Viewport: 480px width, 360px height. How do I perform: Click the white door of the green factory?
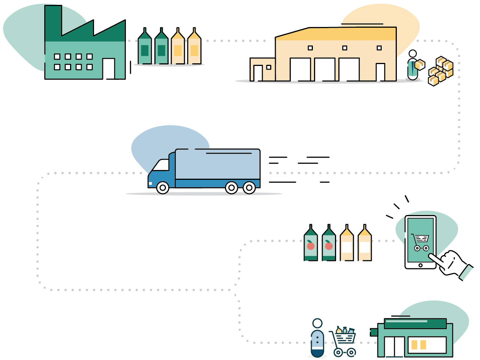point(109,69)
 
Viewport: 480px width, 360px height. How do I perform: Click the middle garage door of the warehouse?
point(324,69)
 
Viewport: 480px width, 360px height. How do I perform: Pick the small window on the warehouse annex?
point(269,67)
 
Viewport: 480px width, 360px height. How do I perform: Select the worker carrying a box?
point(413,66)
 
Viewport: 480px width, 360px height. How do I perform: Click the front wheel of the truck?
point(163,187)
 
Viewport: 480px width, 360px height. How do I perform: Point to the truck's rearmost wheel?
point(249,187)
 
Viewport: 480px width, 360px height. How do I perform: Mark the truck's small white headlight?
point(151,184)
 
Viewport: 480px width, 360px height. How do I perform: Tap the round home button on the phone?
point(420,265)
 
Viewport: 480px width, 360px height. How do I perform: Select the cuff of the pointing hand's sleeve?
point(466,272)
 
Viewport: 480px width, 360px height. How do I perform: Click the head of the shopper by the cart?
point(317,323)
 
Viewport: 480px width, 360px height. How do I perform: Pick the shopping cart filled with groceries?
point(343,341)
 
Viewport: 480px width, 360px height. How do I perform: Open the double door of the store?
point(394,347)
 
